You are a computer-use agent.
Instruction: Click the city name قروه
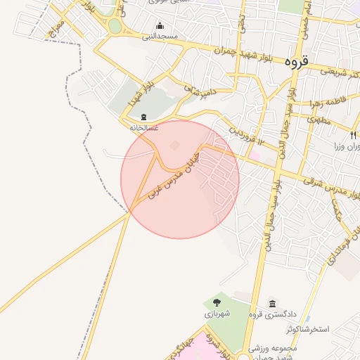[297, 62]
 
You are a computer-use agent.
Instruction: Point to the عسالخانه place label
[144, 127]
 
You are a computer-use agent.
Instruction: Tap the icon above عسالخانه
[144, 117]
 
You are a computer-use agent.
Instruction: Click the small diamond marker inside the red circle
[174, 146]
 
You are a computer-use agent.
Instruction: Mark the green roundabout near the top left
[115, 27]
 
